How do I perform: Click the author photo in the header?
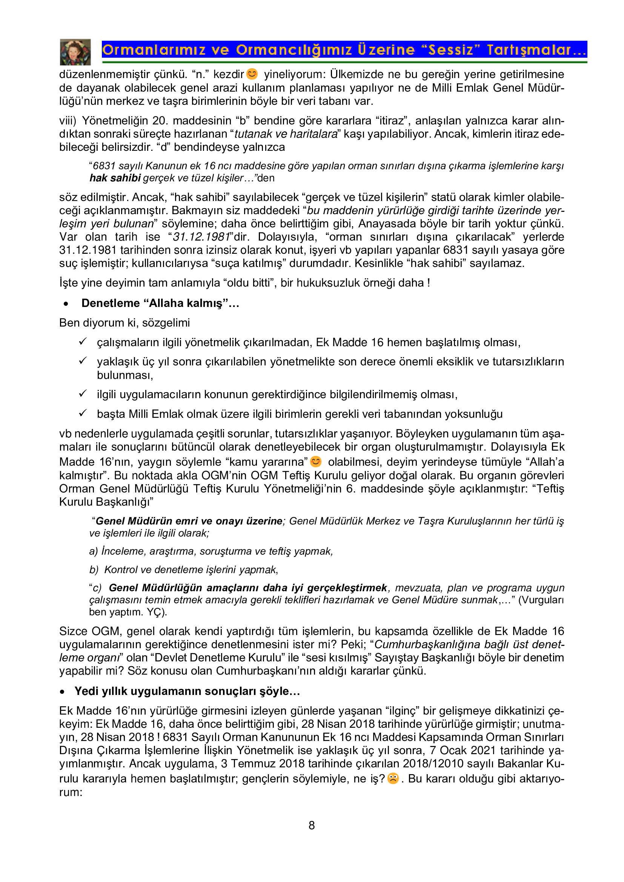pyautogui.click(x=75, y=52)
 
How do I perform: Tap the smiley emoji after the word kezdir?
pyautogui.click(x=252, y=74)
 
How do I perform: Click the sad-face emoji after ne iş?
pyautogui.click(x=393, y=778)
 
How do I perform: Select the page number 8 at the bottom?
pyautogui.click(x=312, y=825)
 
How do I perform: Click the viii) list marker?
pyautogui.click(x=68, y=121)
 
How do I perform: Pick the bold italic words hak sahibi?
pyautogui.click(x=115, y=178)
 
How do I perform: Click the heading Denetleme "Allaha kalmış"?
pyautogui.click(x=160, y=303)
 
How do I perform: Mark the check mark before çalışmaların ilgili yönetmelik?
pyautogui.click(x=83, y=342)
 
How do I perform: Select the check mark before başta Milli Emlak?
pyautogui.click(x=83, y=413)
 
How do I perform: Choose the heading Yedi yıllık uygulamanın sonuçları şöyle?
pyautogui.click(x=187, y=691)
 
